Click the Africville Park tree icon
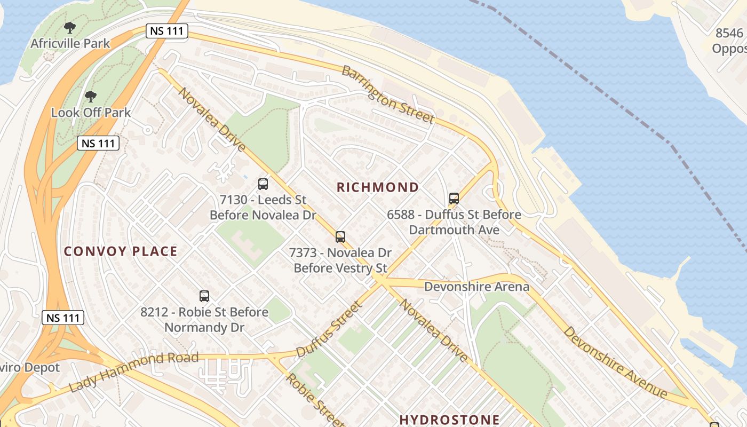pos(69,27)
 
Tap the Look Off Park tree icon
pos(91,97)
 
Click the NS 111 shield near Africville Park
pos(167,31)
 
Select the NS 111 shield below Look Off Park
pos(98,143)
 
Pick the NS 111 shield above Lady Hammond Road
pos(63,318)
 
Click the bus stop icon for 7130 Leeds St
pos(263,184)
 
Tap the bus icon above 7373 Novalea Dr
pos(340,236)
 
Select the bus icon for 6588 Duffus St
pos(454,199)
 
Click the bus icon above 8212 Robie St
pos(204,296)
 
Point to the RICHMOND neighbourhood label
pos(378,187)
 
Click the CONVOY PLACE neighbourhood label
pos(121,251)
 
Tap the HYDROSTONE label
pos(449,420)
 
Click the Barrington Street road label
pos(387,95)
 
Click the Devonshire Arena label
pos(476,287)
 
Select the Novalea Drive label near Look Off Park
pos(212,120)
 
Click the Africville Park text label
pos(70,43)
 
